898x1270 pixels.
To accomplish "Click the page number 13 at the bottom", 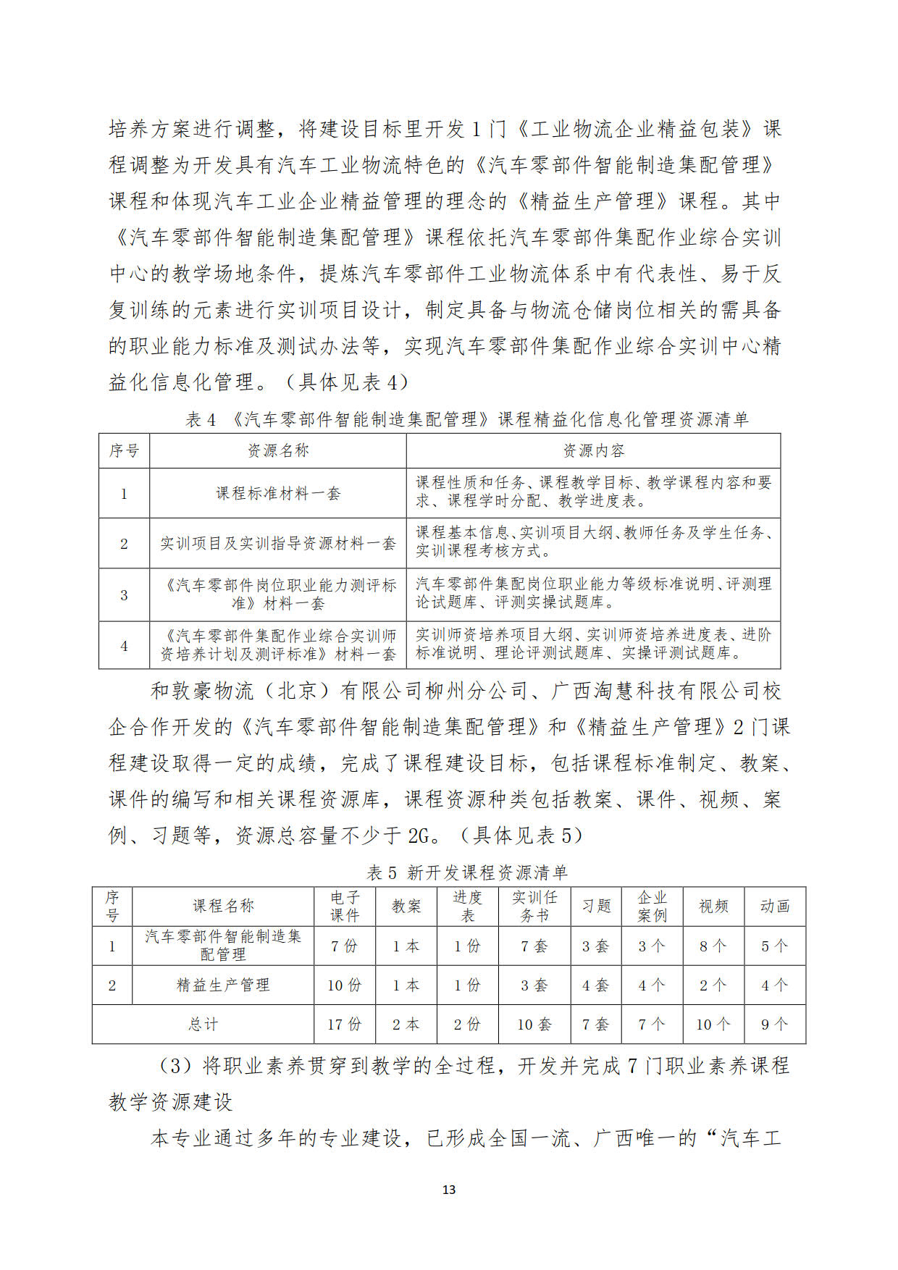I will point(448,1190).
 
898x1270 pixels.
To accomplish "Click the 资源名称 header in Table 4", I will point(278,450).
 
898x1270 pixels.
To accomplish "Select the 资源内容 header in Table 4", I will point(593,450).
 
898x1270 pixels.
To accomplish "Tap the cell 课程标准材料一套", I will point(278,493).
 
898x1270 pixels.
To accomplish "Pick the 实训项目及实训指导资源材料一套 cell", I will point(278,543).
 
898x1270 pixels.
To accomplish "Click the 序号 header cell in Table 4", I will point(124,450).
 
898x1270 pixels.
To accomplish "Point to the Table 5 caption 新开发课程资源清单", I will point(467,872).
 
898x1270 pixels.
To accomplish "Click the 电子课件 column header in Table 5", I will point(345,907).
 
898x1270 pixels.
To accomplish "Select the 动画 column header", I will point(774,907).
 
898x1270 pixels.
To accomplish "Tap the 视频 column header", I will point(713,907).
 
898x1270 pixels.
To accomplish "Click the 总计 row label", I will point(203,1025).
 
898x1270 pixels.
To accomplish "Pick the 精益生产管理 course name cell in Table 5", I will point(223,985).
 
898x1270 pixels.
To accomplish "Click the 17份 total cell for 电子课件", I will point(345,1025).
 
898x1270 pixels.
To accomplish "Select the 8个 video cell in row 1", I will point(713,946).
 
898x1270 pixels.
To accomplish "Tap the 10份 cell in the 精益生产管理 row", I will point(345,985).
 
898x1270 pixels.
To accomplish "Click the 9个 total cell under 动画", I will point(774,1025).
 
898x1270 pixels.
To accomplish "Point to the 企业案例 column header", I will point(652,907).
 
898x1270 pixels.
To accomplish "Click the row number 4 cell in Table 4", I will point(124,645).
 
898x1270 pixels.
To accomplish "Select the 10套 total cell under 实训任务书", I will point(534,1025).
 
